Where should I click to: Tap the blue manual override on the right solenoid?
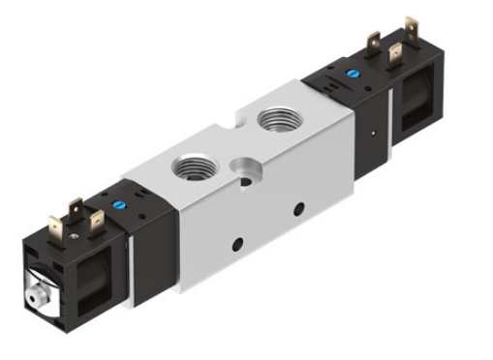(353, 73)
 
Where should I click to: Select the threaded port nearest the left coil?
(191, 164)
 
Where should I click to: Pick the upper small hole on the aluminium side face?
(299, 208)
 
